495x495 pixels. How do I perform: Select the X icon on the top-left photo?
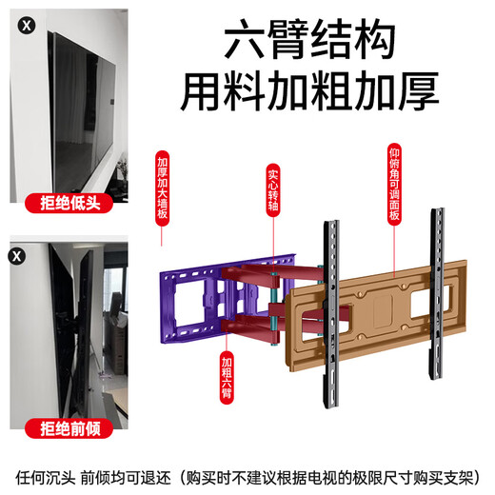19,19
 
